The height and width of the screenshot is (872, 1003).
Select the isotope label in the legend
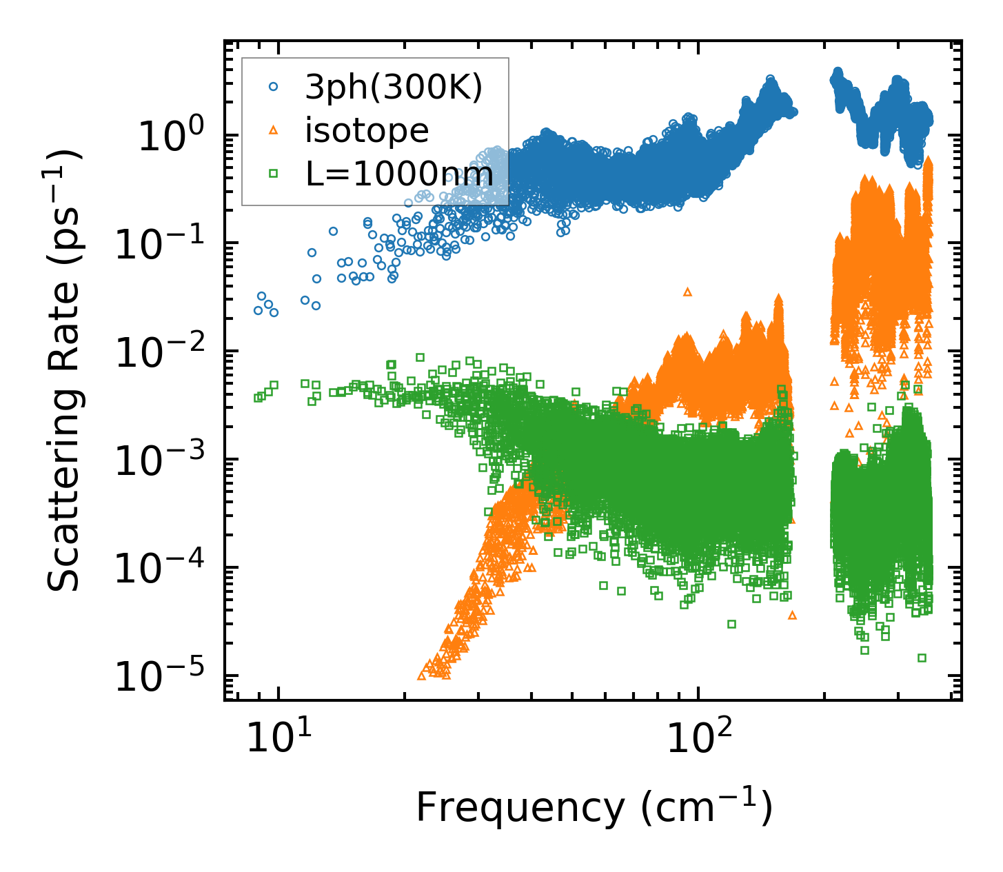(x=367, y=130)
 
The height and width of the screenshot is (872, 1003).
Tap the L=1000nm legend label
(x=399, y=174)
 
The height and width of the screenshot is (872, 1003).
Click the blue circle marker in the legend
(x=274, y=87)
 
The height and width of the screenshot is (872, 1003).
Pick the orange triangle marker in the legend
(x=274, y=130)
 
